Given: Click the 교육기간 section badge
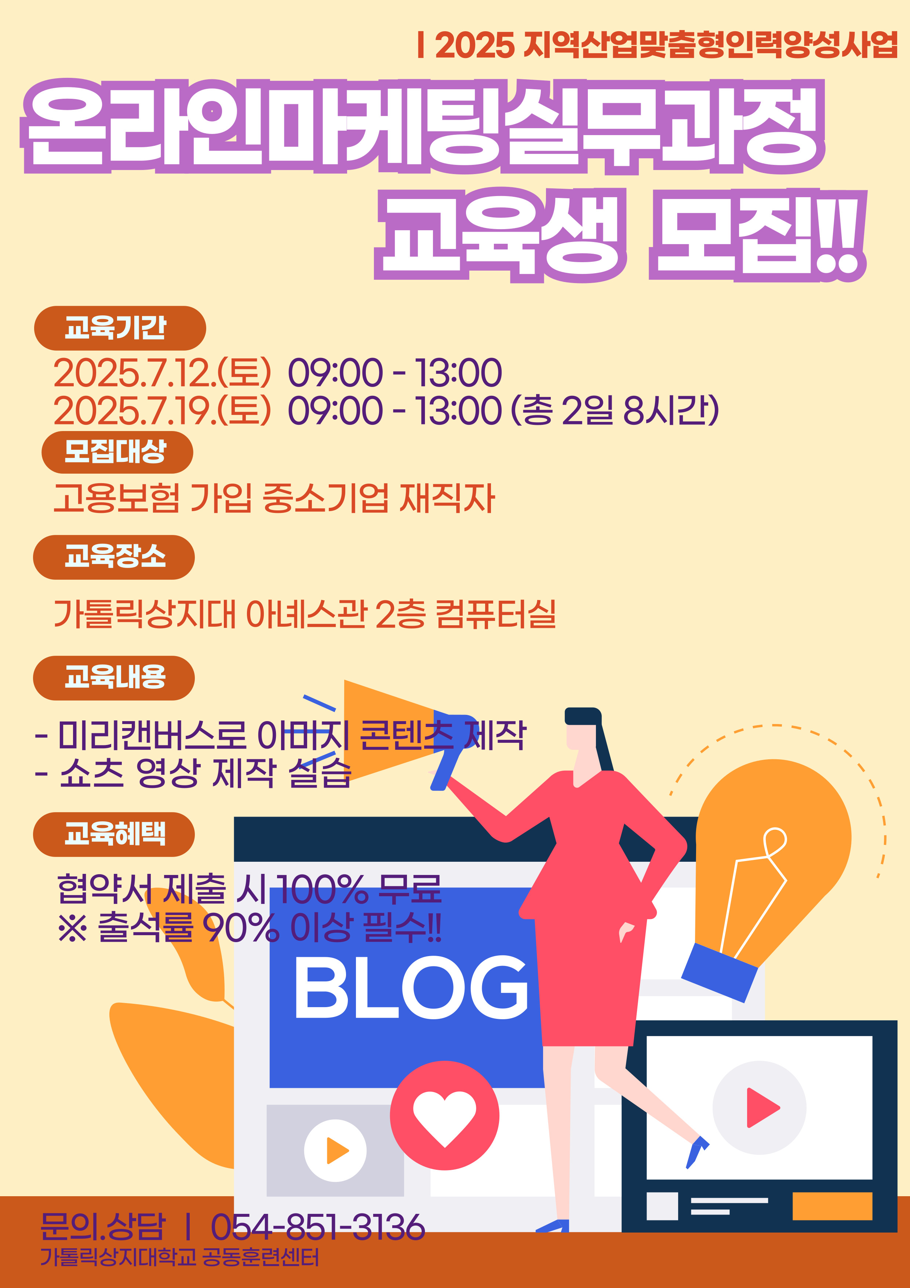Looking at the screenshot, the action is [120, 328].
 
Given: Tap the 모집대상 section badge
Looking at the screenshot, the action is [117, 452].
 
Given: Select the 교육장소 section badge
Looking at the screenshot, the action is [114, 557].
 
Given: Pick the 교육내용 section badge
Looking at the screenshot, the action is [114, 678].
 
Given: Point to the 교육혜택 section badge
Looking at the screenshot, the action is [114, 834].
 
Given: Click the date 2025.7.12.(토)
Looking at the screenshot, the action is [163, 373].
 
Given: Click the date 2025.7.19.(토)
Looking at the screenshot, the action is [163, 410].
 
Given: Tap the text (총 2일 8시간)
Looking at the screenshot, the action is [615, 410].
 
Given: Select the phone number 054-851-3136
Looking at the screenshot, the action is [317, 1227].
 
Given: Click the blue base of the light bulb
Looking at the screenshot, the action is [719, 972].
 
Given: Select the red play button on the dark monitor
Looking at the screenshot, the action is [762, 1107].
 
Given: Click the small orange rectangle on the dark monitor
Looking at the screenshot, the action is [832, 1206].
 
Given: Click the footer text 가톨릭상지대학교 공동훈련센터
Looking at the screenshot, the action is [179, 1257].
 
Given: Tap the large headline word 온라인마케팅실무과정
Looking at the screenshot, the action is [423, 126].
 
